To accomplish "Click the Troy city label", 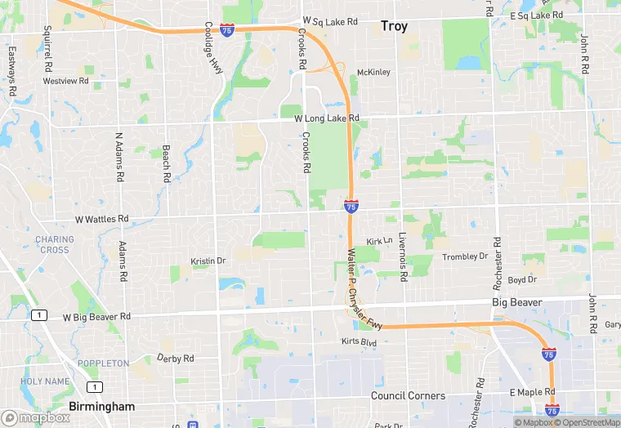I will click(x=394, y=27).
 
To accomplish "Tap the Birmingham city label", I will click(x=102, y=406).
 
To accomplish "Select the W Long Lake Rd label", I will click(x=327, y=118).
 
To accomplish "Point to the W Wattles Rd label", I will click(x=102, y=219).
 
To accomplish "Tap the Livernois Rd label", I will click(x=403, y=256).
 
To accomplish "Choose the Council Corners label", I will click(x=408, y=395).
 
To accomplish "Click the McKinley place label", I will click(x=373, y=72).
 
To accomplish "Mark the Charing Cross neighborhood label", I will click(x=54, y=244).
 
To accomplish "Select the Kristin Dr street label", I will click(x=208, y=261).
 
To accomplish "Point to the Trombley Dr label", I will click(x=465, y=256).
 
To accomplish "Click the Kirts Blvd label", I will click(x=360, y=341).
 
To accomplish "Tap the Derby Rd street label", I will click(x=175, y=359).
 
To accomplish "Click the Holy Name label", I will click(x=45, y=381).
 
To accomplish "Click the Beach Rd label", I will click(x=166, y=163).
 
